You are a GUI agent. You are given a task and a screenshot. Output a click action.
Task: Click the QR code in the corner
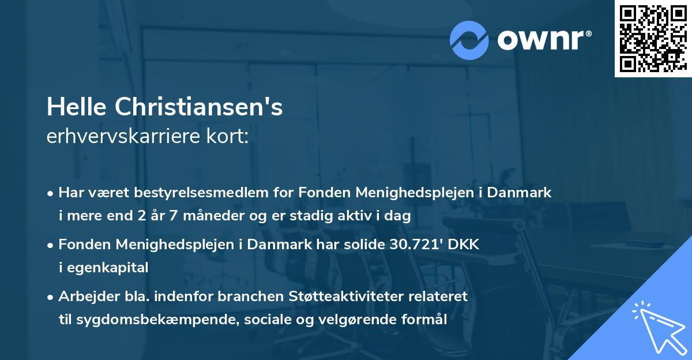click(653, 39)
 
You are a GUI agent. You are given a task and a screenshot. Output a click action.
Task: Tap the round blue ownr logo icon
click(469, 40)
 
